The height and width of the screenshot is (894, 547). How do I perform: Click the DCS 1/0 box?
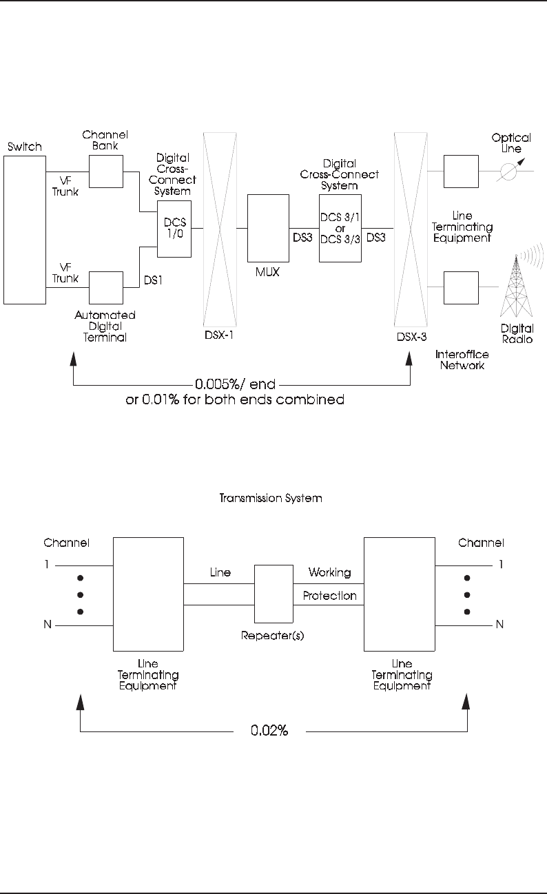(x=174, y=229)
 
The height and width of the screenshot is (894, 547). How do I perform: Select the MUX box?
(x=268, y=228)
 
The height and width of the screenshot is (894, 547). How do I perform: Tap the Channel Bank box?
(x=106, y=171)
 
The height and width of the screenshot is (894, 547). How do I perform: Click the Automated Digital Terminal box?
(x=106, y=288)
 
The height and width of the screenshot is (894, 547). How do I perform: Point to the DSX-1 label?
(x=219, y=335)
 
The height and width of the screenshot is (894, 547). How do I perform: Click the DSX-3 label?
(x=412, y=337)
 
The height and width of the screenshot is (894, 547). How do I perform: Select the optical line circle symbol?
(x=508, y=171)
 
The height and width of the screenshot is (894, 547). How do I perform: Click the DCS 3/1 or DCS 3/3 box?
(x=340, y=228)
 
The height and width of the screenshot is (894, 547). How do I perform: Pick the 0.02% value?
(x=269, y=730)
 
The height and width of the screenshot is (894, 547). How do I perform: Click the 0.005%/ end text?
(x=235, y=384)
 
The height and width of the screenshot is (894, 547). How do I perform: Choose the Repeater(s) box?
(x=273, y=594)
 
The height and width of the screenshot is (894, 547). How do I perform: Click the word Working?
(x=329, y=572)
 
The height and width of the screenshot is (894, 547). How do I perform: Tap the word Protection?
(x=329, y=596)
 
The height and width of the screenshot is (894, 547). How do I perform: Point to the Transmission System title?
(x=271, y=498)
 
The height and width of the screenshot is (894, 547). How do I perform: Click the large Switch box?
(x=25, y=230)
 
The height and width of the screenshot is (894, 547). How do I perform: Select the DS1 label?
(x=153, y=280)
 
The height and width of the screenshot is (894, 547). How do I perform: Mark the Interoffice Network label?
(x=462, y=360)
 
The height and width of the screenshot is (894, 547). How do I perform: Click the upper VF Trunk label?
(x=65, y=186)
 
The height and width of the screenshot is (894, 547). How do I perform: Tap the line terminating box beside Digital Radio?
(x=461, y=288)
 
